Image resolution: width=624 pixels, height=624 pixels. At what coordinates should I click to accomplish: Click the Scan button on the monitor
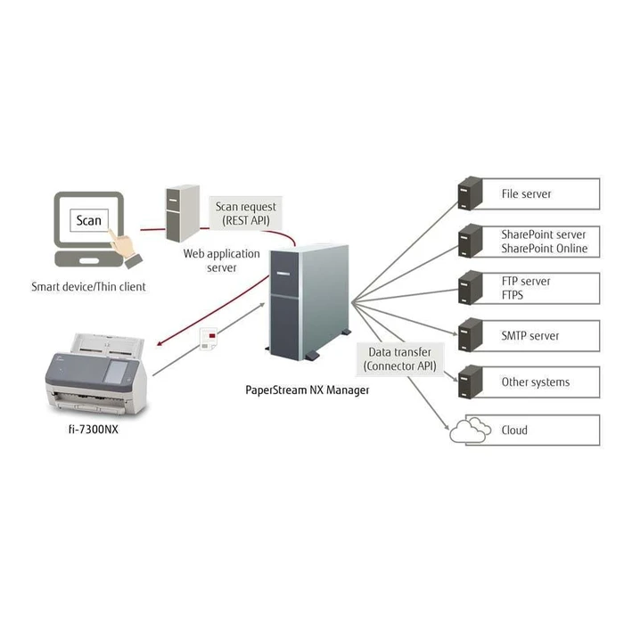89,220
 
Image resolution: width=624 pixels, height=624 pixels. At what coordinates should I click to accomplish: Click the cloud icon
469,431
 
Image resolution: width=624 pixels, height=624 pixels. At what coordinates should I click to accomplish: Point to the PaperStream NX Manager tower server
308,303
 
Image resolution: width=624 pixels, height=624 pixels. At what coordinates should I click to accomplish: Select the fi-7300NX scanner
98,379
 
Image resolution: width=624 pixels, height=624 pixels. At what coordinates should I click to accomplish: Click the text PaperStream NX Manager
308,390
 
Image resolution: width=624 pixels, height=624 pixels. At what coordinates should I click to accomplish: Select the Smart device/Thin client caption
88,286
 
